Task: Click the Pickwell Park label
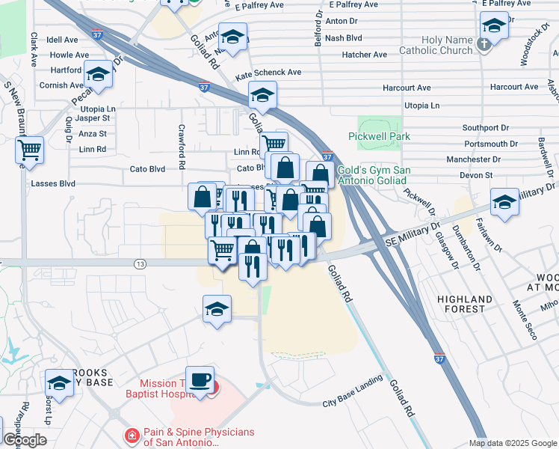pyautogui.click(x=380, y=137)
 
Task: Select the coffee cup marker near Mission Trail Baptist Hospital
pyautogui.click(x=200, y=379)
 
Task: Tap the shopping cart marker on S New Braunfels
pyautogui.click(x=29, y=150)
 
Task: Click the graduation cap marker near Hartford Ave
pyautogui.click(x=97, y=74)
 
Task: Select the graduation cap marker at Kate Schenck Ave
pyautogui.click(x=262, y=95)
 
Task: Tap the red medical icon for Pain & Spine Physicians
pyautogui.click(x=132, y=435)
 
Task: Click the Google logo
pyautogui.click(x=25, y=440)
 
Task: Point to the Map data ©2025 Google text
pyautogui.click(x=513, y=443)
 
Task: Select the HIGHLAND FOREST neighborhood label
pyautogui.click(x=465, y=305)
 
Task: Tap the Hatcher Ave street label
pyautogui.click(x=365, y=55)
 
